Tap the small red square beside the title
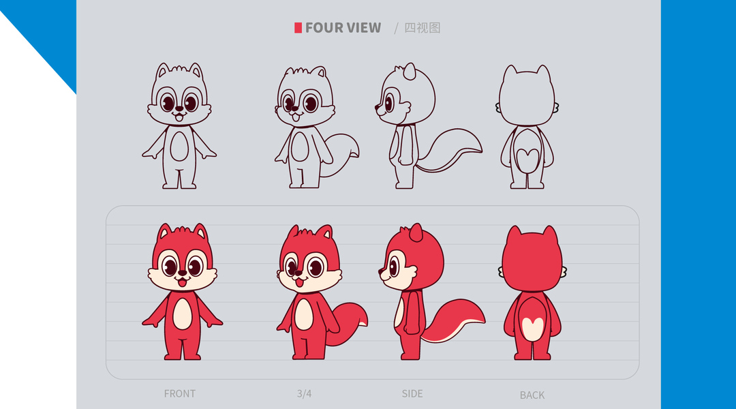pos(298,28)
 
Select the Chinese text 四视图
pos(423,28)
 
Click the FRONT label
pos(180,393)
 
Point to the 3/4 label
pos(304,393)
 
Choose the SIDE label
pos(412,393)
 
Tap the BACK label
pos(532,395)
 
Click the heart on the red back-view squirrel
pos(533,326)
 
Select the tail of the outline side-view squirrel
pos(450,150)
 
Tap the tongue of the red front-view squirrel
pos(182,282)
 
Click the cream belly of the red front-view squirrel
pos(182,314)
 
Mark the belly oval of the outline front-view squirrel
pos(179,146)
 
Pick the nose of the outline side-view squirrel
pos(377,108)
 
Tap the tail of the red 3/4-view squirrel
pos(348,324)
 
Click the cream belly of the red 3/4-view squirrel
pos(304,314)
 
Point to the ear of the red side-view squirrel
pos(416,232)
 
